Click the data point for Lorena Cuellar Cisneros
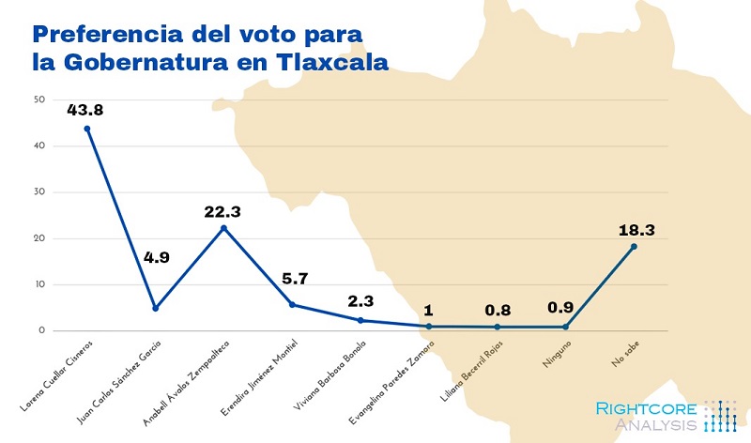tap(87, 129)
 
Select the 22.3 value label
tap(223, 211)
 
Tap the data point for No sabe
tap(634, 247)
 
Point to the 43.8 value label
tap(86, 110)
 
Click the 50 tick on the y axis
tap(38, 99)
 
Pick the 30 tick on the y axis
tap(38, 192)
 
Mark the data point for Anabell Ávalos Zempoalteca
tap(223, 228)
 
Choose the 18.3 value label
tap(634, 229)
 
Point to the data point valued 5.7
tap(292, 304)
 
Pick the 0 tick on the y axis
tap(40, 330)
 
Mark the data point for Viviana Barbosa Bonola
tap(360, 320)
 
